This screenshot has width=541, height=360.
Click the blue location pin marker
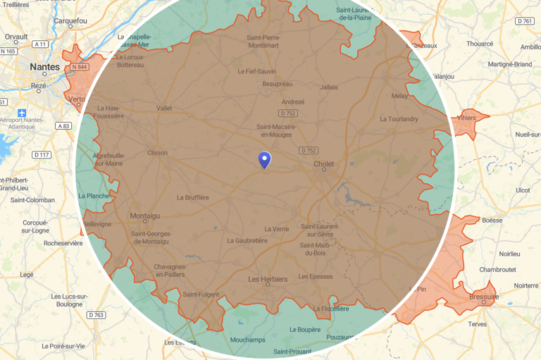[264, 160]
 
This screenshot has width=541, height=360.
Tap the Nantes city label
[44, 67]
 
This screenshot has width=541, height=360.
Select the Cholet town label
[323, 164]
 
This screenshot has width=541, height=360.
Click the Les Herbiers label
[268, 279]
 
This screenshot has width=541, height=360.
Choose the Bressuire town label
[483, 297]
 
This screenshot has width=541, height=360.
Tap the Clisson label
[157, 152]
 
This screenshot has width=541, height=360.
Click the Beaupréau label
[276, 84]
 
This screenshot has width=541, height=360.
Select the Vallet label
[163, 108]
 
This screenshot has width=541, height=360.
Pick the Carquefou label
[70, 21]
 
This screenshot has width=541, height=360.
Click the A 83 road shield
[63, 125]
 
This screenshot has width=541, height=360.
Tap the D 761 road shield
[524, 21]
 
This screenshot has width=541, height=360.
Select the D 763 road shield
[96, 315]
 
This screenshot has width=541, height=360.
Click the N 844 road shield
[79, 67]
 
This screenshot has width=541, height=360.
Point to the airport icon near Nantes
[23, 113]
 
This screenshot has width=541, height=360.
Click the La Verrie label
[276, 229]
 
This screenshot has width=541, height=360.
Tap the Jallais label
[328, 87]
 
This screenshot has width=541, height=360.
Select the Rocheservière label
[63, 243]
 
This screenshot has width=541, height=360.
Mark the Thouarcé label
[480, 44]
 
